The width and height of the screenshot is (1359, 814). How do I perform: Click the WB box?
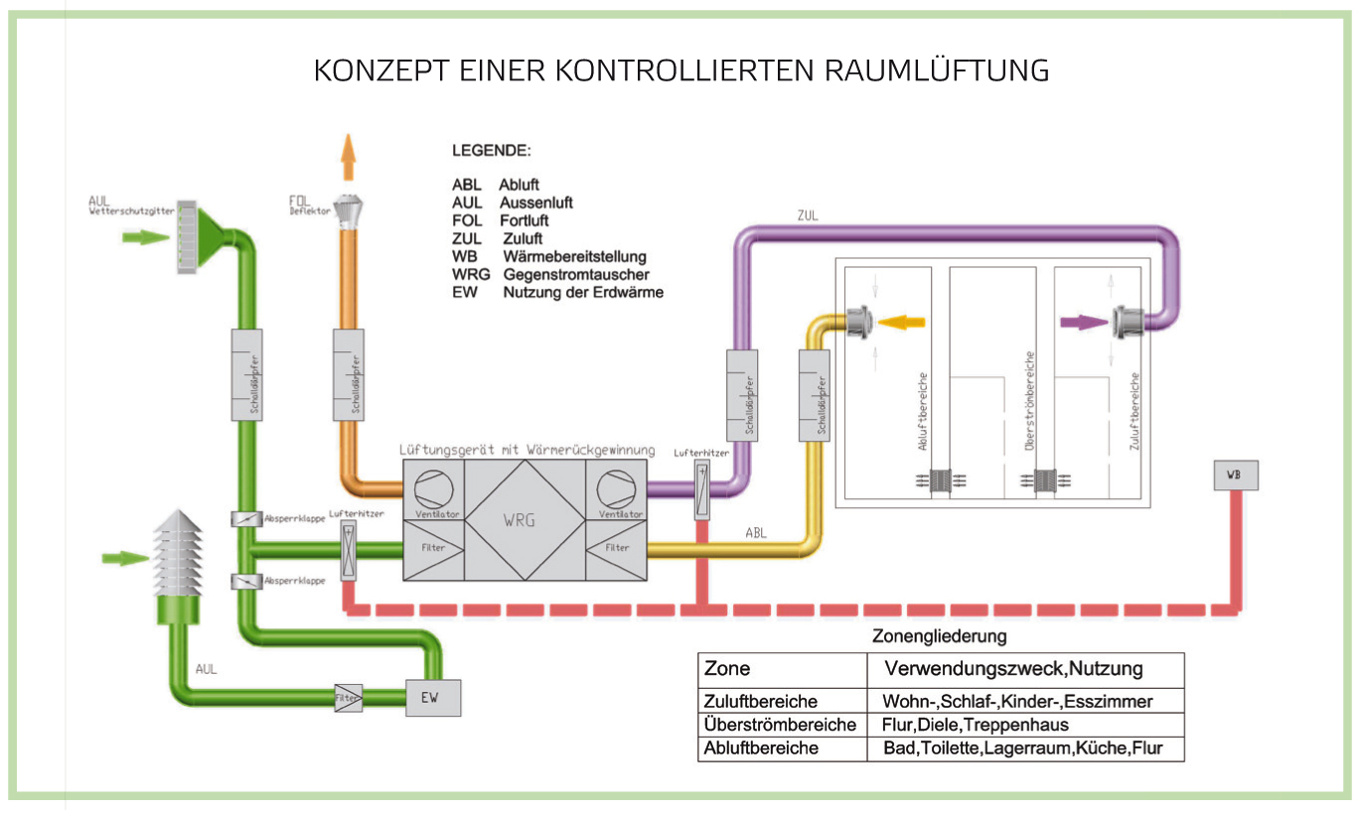point(1234,475)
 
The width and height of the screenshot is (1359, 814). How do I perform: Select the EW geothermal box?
point(429,697)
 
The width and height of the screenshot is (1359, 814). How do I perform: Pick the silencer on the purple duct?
point(741,394)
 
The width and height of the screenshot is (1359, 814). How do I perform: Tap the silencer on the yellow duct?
point(814,394)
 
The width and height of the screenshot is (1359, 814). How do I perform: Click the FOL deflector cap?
point(349,211)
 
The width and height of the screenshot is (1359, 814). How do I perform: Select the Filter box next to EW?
point(349,696)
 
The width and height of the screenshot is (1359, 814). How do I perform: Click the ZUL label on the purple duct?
point(808,215)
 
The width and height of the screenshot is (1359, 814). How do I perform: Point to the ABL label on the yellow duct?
point(756,533)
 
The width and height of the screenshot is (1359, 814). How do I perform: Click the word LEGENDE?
point(492,152)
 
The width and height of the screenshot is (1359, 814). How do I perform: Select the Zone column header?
point(727,668)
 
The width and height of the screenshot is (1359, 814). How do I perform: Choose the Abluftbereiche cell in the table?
point(761,748)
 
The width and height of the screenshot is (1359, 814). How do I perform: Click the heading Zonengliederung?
point(939,635)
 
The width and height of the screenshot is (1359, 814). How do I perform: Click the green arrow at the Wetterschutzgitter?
point(145,237)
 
